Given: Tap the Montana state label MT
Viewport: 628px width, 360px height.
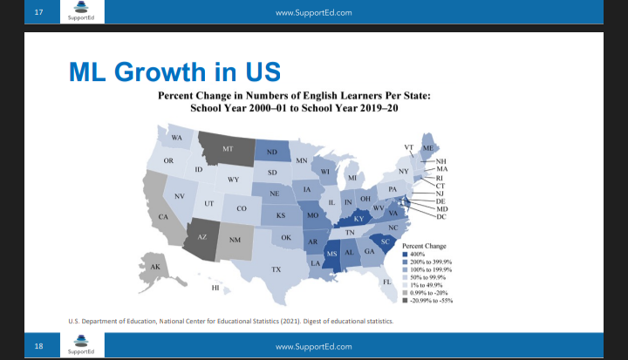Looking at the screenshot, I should click(x=228, y=149).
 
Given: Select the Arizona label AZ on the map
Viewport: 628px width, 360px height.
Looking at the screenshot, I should click(x=201, y=236).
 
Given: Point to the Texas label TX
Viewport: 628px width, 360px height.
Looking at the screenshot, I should click(x=276, y=269).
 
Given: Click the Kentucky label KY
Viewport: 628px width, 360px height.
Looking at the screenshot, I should click(x=358, y=218).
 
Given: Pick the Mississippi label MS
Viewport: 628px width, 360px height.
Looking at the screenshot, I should click(x=331, y=254).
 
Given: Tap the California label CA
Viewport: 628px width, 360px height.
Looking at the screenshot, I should click(x=162, y=216).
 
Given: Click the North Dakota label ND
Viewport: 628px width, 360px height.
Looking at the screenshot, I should click(x=272, y=153).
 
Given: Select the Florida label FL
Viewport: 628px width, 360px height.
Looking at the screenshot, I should click(x=387, y=282).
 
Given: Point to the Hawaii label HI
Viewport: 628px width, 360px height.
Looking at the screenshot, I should click(x=215, y=287).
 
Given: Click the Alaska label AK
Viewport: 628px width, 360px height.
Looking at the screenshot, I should click(x=155, y=266).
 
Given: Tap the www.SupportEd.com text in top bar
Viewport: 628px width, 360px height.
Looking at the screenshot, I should click(x=313, y=12).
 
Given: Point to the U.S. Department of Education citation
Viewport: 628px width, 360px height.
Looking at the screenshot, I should click(x=230, y=321).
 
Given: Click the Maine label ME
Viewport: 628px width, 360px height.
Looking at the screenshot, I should click(x=427, y=149).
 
